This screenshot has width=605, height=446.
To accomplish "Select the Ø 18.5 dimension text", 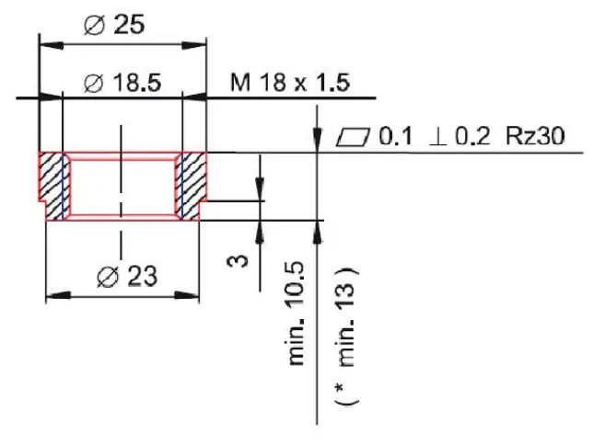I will (x=122, y=83).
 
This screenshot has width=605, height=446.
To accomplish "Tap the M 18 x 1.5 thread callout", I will (x=289, y=83).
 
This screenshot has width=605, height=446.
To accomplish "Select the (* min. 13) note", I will (x=347, y=336).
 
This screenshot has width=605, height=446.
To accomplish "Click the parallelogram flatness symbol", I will (x=353, y=137).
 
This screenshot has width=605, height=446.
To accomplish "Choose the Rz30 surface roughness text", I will (x=534, y=137).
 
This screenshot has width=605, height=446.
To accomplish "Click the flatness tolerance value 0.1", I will (x=394, y=137).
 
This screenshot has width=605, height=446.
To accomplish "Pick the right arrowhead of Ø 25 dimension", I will (x=200, y=42).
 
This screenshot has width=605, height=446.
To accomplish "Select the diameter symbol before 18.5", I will (x=92, y=83).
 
